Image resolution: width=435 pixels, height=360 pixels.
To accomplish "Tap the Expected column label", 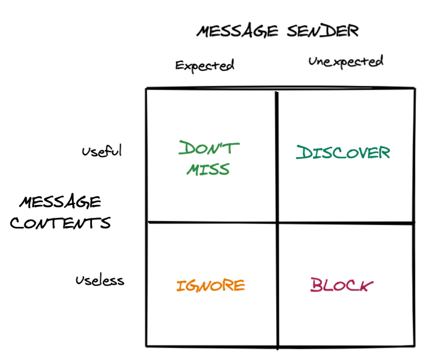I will (x=205, y=65).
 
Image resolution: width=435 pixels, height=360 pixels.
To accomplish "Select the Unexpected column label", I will (x=346, y=61).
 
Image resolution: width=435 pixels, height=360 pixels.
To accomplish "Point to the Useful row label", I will (x=101, y=151).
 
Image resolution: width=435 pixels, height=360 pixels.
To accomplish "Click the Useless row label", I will (x=100, y=280).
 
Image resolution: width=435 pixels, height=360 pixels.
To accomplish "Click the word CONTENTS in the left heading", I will (x=61, y=224).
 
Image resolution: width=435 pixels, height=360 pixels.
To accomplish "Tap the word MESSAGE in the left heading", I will (x=61, y=201).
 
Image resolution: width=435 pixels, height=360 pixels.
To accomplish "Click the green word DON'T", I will (x=209, y=149).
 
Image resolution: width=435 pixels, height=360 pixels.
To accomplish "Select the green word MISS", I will (x=208, y=169).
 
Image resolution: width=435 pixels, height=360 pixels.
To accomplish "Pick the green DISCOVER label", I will (x=342, y=153).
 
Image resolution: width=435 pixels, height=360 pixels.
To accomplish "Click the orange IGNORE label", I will (x=211, y=286).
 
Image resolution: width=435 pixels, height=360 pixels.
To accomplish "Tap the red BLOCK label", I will (x=342, y=286).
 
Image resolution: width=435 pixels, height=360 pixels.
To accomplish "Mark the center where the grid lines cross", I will (x=277, y=223).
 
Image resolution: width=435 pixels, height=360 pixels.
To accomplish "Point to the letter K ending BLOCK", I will (x=365, y=286).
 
